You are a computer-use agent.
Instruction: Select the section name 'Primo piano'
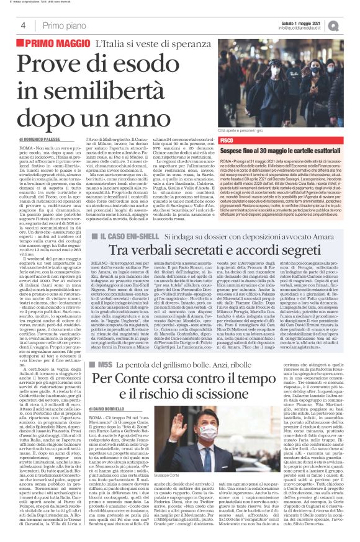click(63, 25)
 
